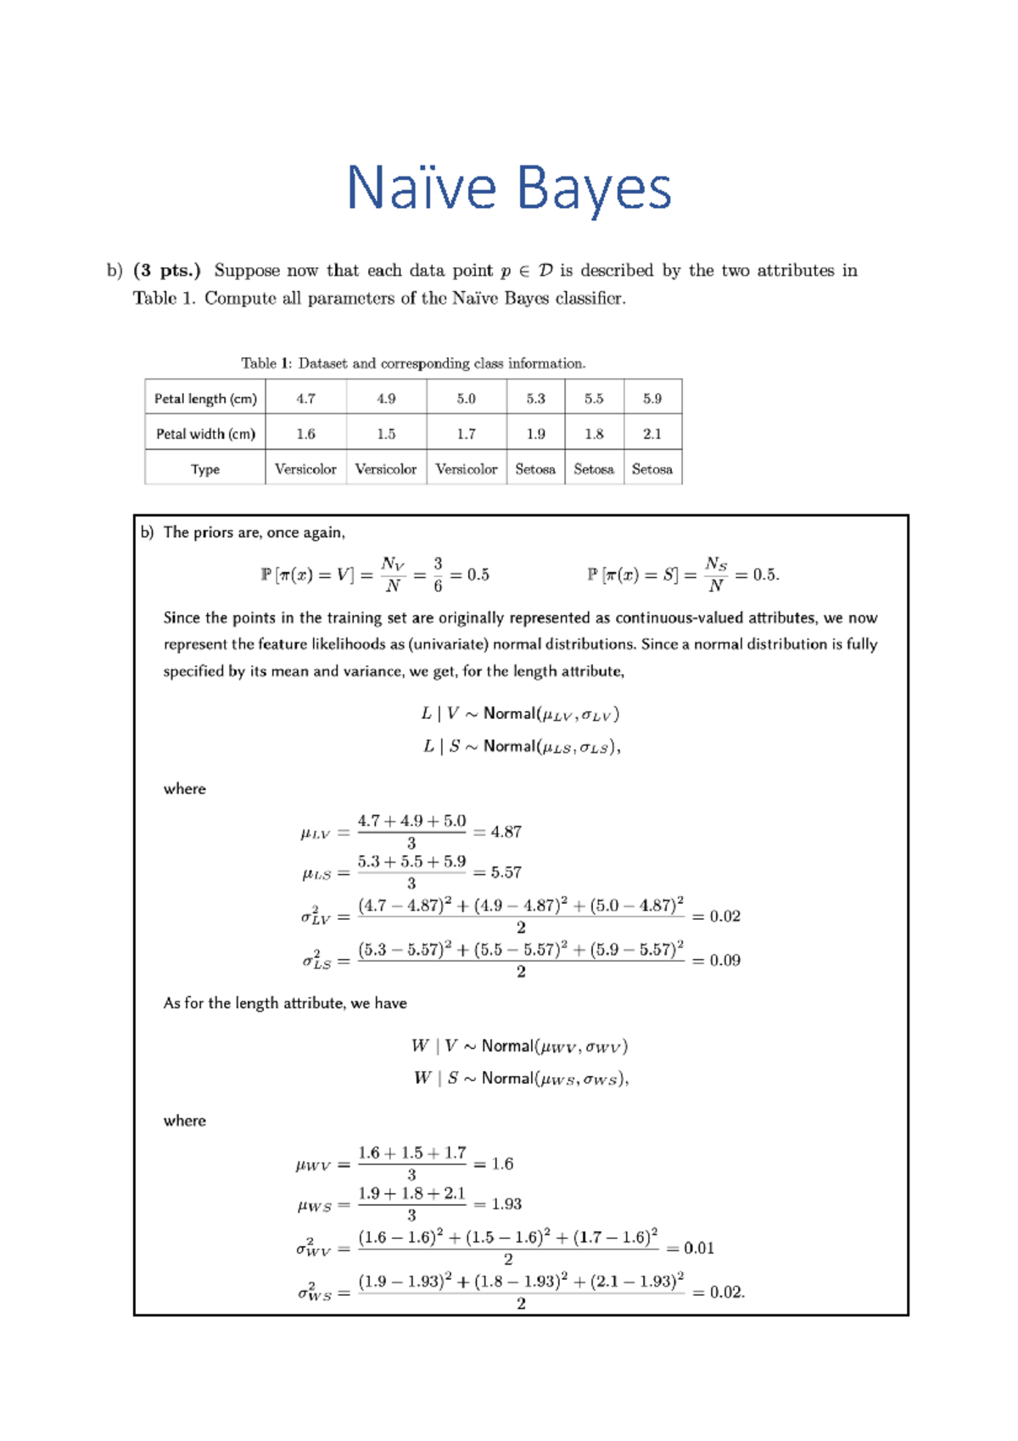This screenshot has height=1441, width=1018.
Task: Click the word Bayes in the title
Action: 593,188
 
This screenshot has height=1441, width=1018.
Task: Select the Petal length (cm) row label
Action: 205,399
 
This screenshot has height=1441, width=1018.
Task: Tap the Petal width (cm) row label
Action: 205,434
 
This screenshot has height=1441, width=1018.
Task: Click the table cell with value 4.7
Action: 305,399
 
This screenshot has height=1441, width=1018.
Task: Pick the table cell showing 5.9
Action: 652,399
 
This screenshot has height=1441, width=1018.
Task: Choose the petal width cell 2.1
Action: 652,434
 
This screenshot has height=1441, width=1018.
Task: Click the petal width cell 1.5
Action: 386,434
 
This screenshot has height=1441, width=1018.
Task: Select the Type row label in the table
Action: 205,469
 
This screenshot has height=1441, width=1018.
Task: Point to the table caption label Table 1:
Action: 266,363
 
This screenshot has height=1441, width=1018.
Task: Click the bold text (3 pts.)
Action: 167,271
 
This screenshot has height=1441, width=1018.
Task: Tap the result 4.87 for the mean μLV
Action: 506,833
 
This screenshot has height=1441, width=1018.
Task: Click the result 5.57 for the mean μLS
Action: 506,872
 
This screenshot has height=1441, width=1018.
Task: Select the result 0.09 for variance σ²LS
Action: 724,961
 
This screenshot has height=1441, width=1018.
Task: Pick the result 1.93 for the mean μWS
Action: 506,1204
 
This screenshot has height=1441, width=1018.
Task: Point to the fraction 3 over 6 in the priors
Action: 438,575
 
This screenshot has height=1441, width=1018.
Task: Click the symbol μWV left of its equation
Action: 312,1165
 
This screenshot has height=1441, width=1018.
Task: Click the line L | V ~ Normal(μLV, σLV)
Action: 520,714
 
